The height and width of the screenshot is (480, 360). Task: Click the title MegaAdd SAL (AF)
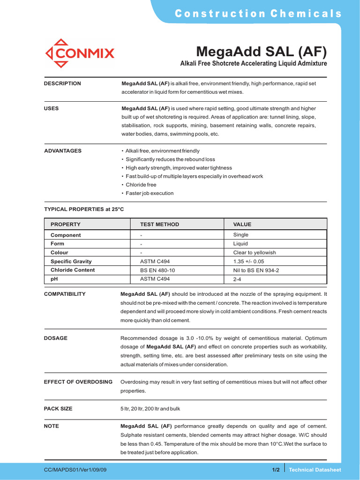pos(261,51)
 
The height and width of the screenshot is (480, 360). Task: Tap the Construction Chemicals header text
pos(258,14)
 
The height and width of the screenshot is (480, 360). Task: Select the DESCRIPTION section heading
pos(62,83)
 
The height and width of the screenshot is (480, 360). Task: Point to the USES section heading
pos(52,108)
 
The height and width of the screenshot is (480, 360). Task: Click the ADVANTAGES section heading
pos(63,151)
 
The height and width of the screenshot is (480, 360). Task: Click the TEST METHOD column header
pos(159,225)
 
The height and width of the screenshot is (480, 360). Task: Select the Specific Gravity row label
pos(71,261)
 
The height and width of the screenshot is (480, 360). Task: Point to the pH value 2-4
pos(238,279)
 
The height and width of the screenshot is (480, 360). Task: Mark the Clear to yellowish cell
pos(255,252)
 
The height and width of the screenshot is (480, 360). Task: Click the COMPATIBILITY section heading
pos(65,294)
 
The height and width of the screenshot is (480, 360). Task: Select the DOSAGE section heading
pos(56,338)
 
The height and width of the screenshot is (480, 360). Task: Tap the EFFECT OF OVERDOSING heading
pos(78,382)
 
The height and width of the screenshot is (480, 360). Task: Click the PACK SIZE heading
pos(58,409)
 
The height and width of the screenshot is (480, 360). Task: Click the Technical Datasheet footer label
pos(315,470)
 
